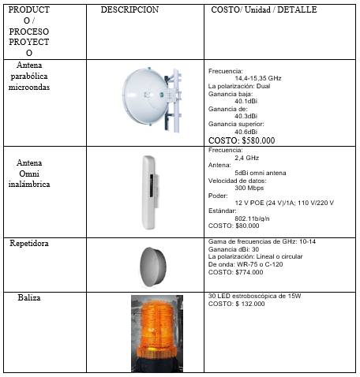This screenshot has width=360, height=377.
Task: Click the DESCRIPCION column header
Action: (129, 9)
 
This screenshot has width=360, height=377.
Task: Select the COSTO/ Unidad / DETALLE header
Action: (264, 10)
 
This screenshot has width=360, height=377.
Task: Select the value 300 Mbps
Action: (250, 188)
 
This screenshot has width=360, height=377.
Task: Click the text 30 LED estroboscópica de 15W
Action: (254, 296)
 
